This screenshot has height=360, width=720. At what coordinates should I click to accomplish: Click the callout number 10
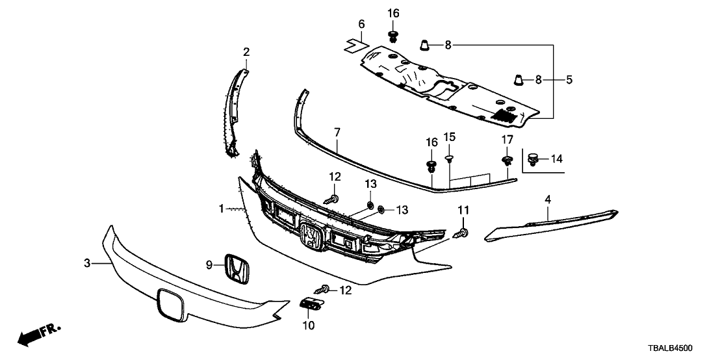point(309,325)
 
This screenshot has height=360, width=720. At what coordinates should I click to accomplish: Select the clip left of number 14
point(533,158)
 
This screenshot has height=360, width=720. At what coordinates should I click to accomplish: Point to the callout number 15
point(449,137)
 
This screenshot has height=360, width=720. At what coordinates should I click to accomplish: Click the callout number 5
point(569,80)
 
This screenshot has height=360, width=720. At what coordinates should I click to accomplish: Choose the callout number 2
point(246,51)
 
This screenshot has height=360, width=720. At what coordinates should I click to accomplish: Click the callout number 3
point(86,263)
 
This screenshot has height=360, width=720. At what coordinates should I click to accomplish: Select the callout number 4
point(548,198)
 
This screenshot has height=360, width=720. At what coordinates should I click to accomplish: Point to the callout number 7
point(337,133)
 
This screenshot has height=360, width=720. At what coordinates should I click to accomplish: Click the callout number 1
point(222,209)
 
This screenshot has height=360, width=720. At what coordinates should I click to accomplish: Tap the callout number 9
point(209,264)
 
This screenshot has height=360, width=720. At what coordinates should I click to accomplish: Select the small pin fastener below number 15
point(449,158)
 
